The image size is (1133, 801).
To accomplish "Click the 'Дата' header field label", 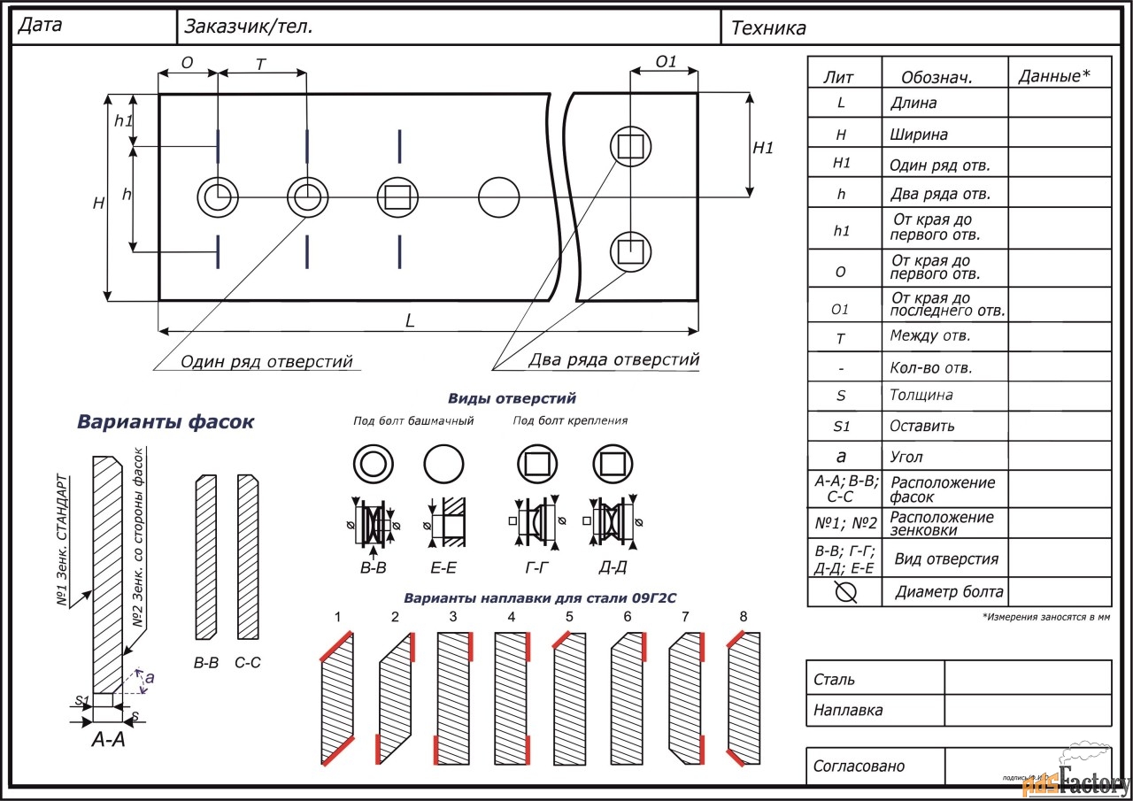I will (x=40, y=26).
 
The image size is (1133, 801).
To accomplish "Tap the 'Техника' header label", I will (x=768, y=28).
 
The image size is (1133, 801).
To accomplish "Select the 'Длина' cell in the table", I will (x=913, y=103).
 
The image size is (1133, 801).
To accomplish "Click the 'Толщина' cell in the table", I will (x=921, y=396).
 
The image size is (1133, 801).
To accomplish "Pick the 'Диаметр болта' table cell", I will (x=949, y=591).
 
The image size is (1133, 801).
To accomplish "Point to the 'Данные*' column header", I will (x=1053, y=76).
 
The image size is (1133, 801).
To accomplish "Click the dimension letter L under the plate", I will (x=410, y=321).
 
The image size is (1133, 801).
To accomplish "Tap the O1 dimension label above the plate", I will (x=666, y=62).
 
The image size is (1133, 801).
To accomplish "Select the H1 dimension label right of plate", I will (x=763, y=148).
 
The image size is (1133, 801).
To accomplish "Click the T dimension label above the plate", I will (x=260, y=65).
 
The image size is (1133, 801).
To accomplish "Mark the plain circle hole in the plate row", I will (x=498, y=196).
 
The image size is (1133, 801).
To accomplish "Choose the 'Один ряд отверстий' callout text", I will (x=266, y=361).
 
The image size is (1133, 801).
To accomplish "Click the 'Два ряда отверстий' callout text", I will (x=613, y=359).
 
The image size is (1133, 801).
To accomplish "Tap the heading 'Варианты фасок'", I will (x=166, y=422).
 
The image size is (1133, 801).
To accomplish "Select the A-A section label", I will (x=109, y=739).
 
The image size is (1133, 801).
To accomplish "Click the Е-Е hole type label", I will (x=443, y=567).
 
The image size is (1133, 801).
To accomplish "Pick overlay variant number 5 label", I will (x=569, y=616).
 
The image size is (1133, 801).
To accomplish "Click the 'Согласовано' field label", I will (x=859, y=766).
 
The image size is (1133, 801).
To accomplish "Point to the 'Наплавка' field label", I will (x=847, y=710).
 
